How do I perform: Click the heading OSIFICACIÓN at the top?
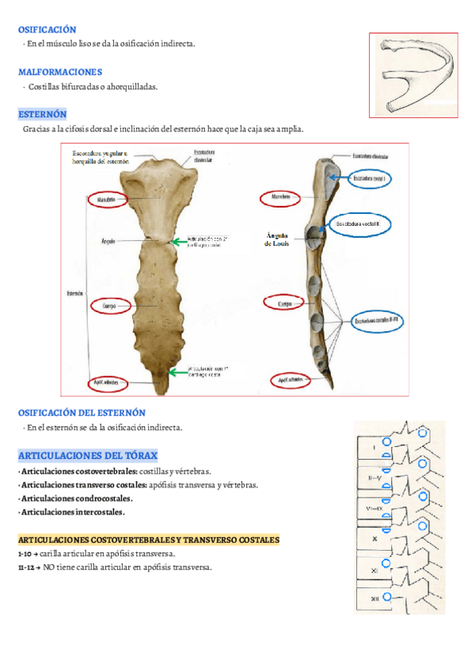coord(47,29)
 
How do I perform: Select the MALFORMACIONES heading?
coord(60,72)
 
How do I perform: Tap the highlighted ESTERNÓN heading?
coord(42,114)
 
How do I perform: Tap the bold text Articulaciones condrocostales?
coord(77,498)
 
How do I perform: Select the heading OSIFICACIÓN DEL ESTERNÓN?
coord(82,413)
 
